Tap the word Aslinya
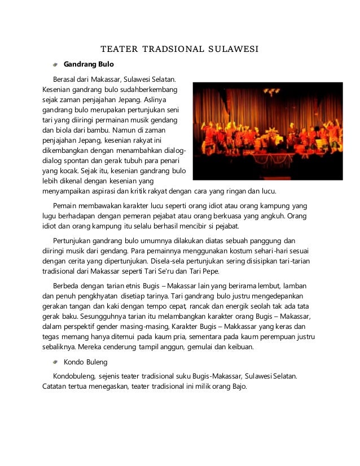163,99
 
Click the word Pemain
65,206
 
